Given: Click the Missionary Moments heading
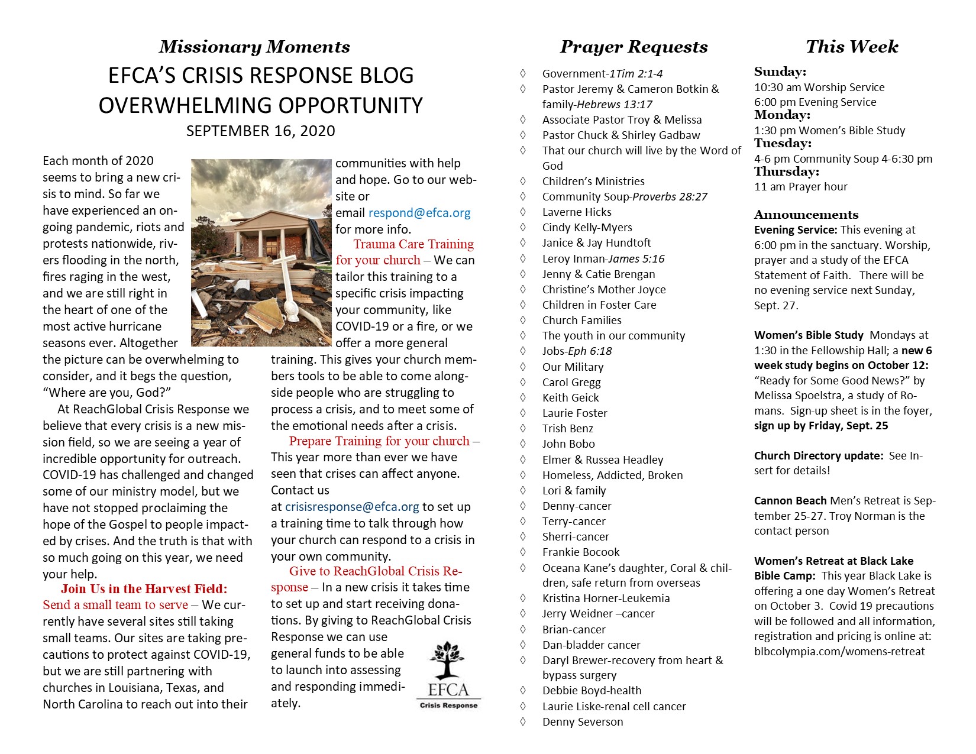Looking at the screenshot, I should (x=254, y=47).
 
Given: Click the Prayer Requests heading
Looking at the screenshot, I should (x=634, y=47).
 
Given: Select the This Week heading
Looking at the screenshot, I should (x=852, y=47).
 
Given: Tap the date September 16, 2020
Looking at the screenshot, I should (x=260, y=131).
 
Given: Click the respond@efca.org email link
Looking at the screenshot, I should (x=419, y=213).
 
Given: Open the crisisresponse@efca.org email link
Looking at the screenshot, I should (x=352, y=507).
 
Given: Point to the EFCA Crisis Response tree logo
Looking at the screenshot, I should (x=448, y=674).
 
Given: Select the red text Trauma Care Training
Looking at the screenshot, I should (x=413, y=244).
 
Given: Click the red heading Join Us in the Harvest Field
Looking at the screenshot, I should (x=144, y=589).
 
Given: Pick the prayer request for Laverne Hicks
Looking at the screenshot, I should (x=577, y=212).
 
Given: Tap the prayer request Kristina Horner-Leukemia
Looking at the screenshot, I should (x=606, y=598).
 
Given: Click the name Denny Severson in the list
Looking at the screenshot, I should (x=583, y=721).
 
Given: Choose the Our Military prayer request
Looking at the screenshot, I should (x=573, y=367).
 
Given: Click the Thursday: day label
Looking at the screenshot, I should (x=786, y=172).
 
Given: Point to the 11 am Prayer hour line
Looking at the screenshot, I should (x=800, y=187).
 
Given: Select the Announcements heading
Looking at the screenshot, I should (x=806, y=215).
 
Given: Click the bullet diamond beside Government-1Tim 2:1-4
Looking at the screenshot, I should (x=522, y=73).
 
